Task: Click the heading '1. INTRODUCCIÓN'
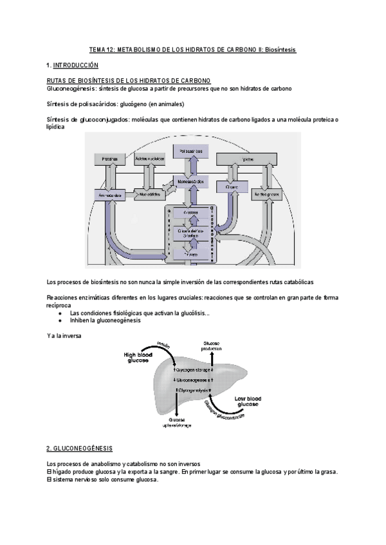[x=73, y=66]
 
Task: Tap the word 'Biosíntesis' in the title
[x=277, y=49]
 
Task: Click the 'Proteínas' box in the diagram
[x=109, y=158]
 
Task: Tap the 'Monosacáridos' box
[x=190, y=182]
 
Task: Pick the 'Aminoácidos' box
[x=109, y=193]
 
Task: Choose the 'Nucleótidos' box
[x=149, y=193]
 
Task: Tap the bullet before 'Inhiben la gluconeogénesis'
[x=60, y=319]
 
